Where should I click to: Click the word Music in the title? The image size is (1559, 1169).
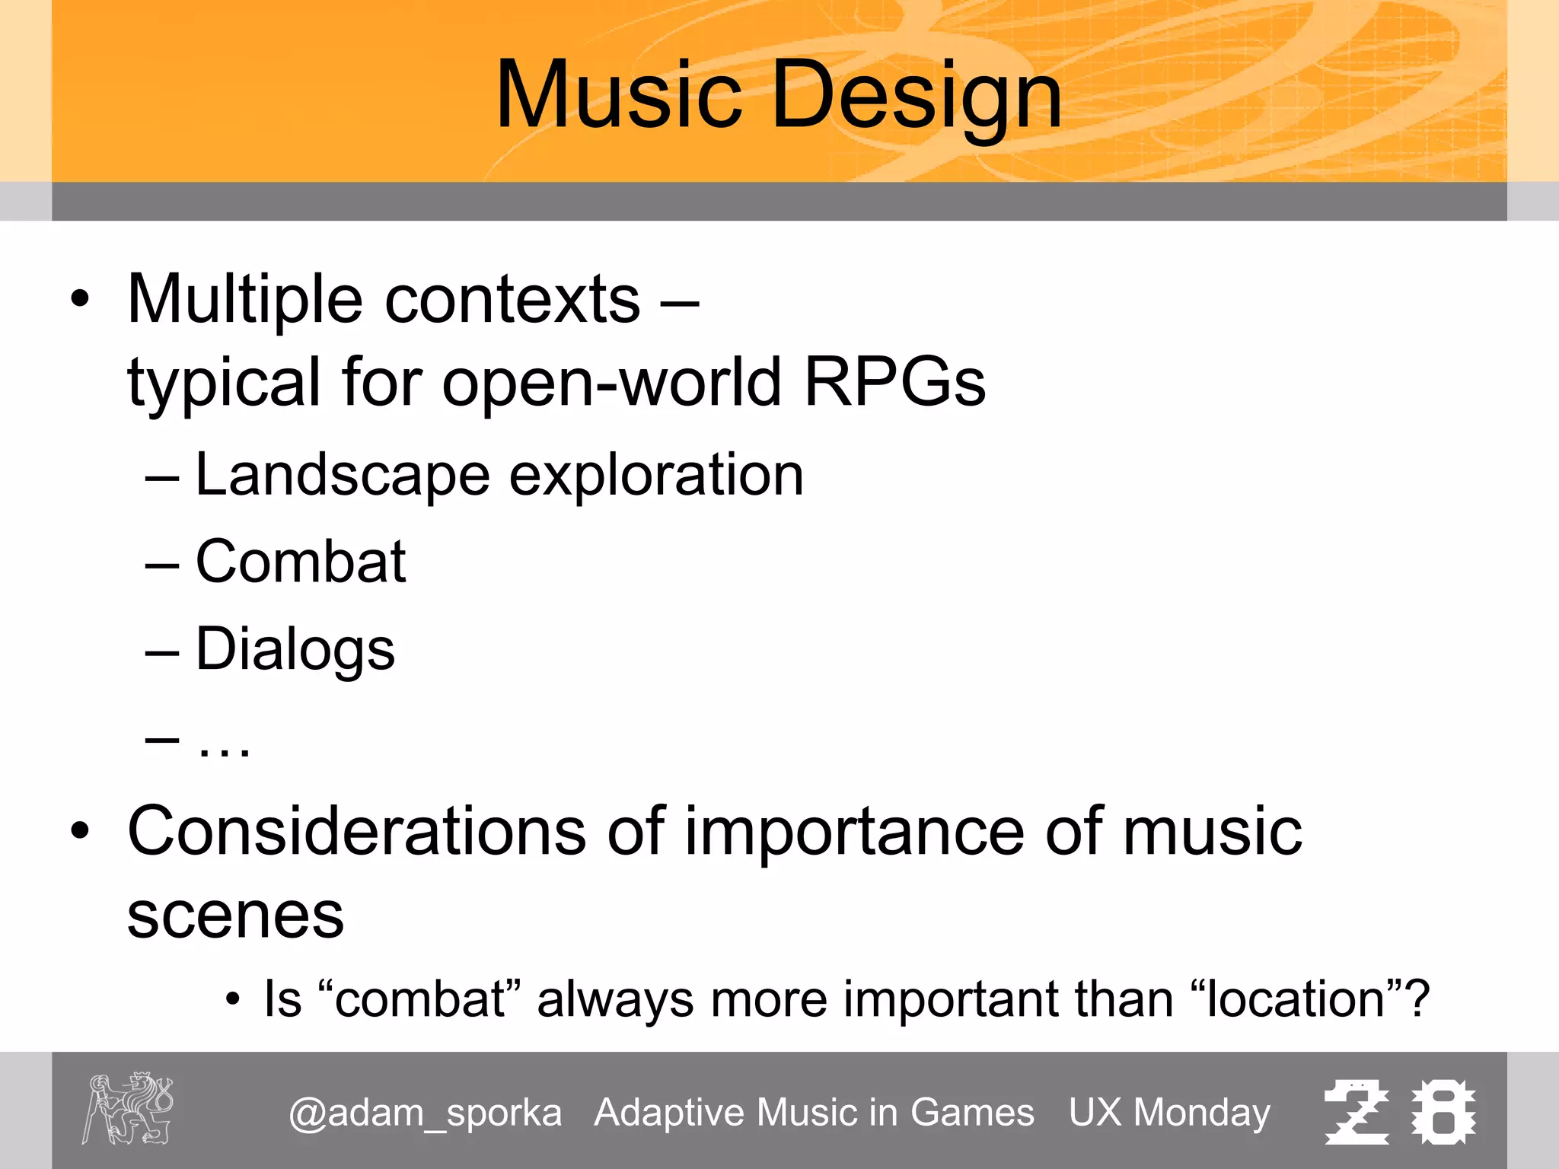click(618, 95)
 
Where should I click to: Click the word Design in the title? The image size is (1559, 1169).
click(917, 95)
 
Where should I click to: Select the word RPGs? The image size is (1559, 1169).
click(895, 382)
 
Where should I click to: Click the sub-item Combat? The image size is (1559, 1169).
click(301, 562)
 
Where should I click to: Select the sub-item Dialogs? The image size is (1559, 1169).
click(295, 649)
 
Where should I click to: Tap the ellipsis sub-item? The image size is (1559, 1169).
click(223, 746)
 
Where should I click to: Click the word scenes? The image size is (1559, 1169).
click(235, 916)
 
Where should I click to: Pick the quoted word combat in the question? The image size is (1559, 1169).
click(420, 999)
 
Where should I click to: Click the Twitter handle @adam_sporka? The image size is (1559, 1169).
click(425, 1113)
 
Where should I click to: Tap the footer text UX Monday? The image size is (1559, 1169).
click(1169, 1113)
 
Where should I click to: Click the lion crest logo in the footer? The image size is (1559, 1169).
click(128, 1109)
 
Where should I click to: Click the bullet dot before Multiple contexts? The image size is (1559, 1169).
click(79, 299)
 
